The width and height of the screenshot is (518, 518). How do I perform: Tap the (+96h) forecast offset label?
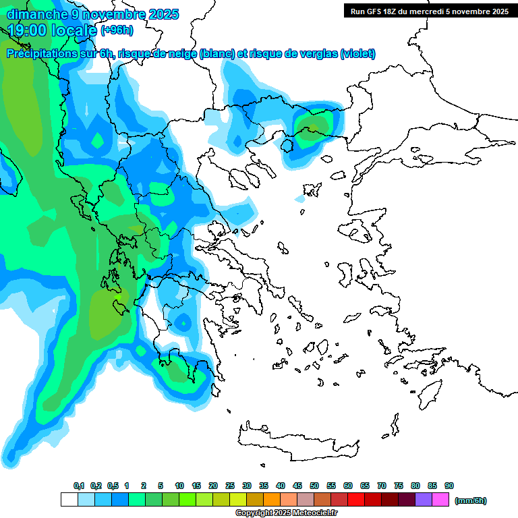(x=117, y=30)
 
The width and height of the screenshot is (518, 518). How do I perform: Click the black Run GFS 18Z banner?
(x=426, y=11)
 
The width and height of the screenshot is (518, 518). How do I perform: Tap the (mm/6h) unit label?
(x=470, y=500)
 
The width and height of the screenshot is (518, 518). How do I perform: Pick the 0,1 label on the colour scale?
(x=78, y=486)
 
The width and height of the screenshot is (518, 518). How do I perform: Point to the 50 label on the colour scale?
(x=314, y=486)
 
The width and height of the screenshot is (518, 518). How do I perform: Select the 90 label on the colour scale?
(x=449, y=486)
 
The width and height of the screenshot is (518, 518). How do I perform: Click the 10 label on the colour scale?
(x=179, y=486)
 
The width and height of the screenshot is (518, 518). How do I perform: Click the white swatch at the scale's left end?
(x=69, y=500)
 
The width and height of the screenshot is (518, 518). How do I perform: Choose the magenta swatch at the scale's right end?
(x=440, y=500)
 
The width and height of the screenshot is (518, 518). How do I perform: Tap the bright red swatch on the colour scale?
(x=356, y=500)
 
